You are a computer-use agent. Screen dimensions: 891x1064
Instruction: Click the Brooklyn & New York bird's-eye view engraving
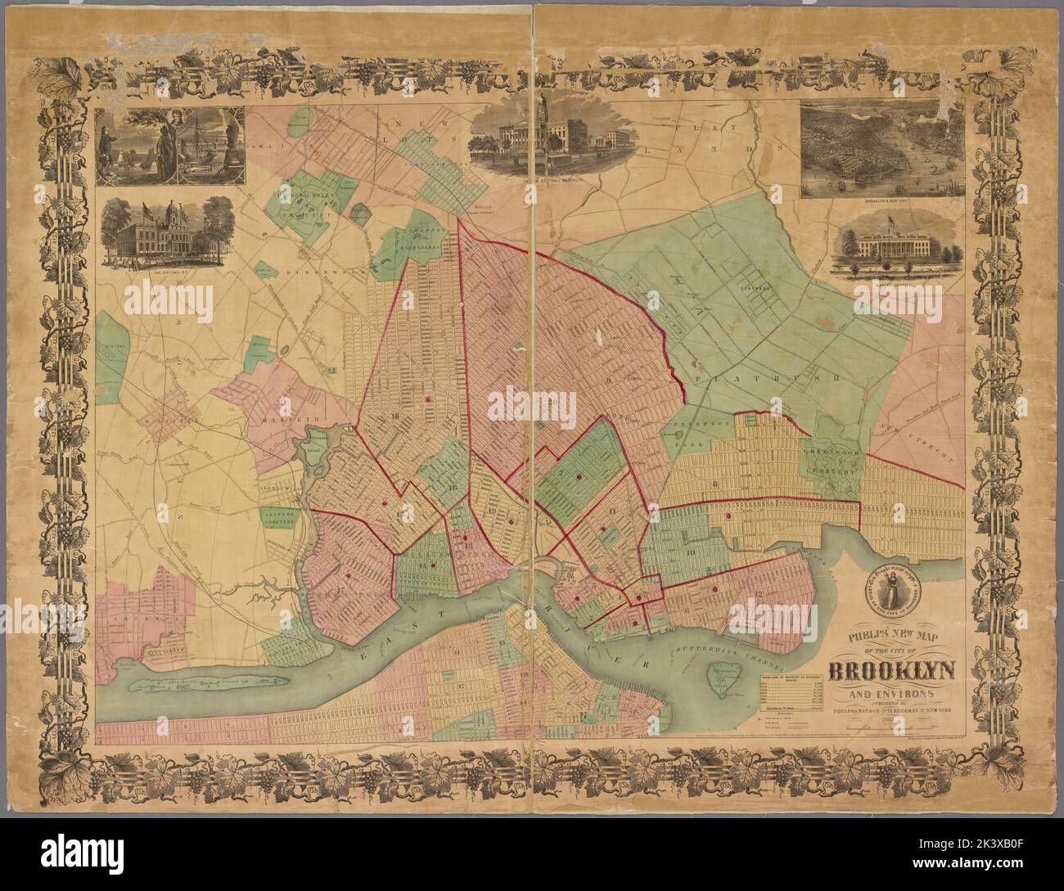pyautogui.click(x=880, y=150)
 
